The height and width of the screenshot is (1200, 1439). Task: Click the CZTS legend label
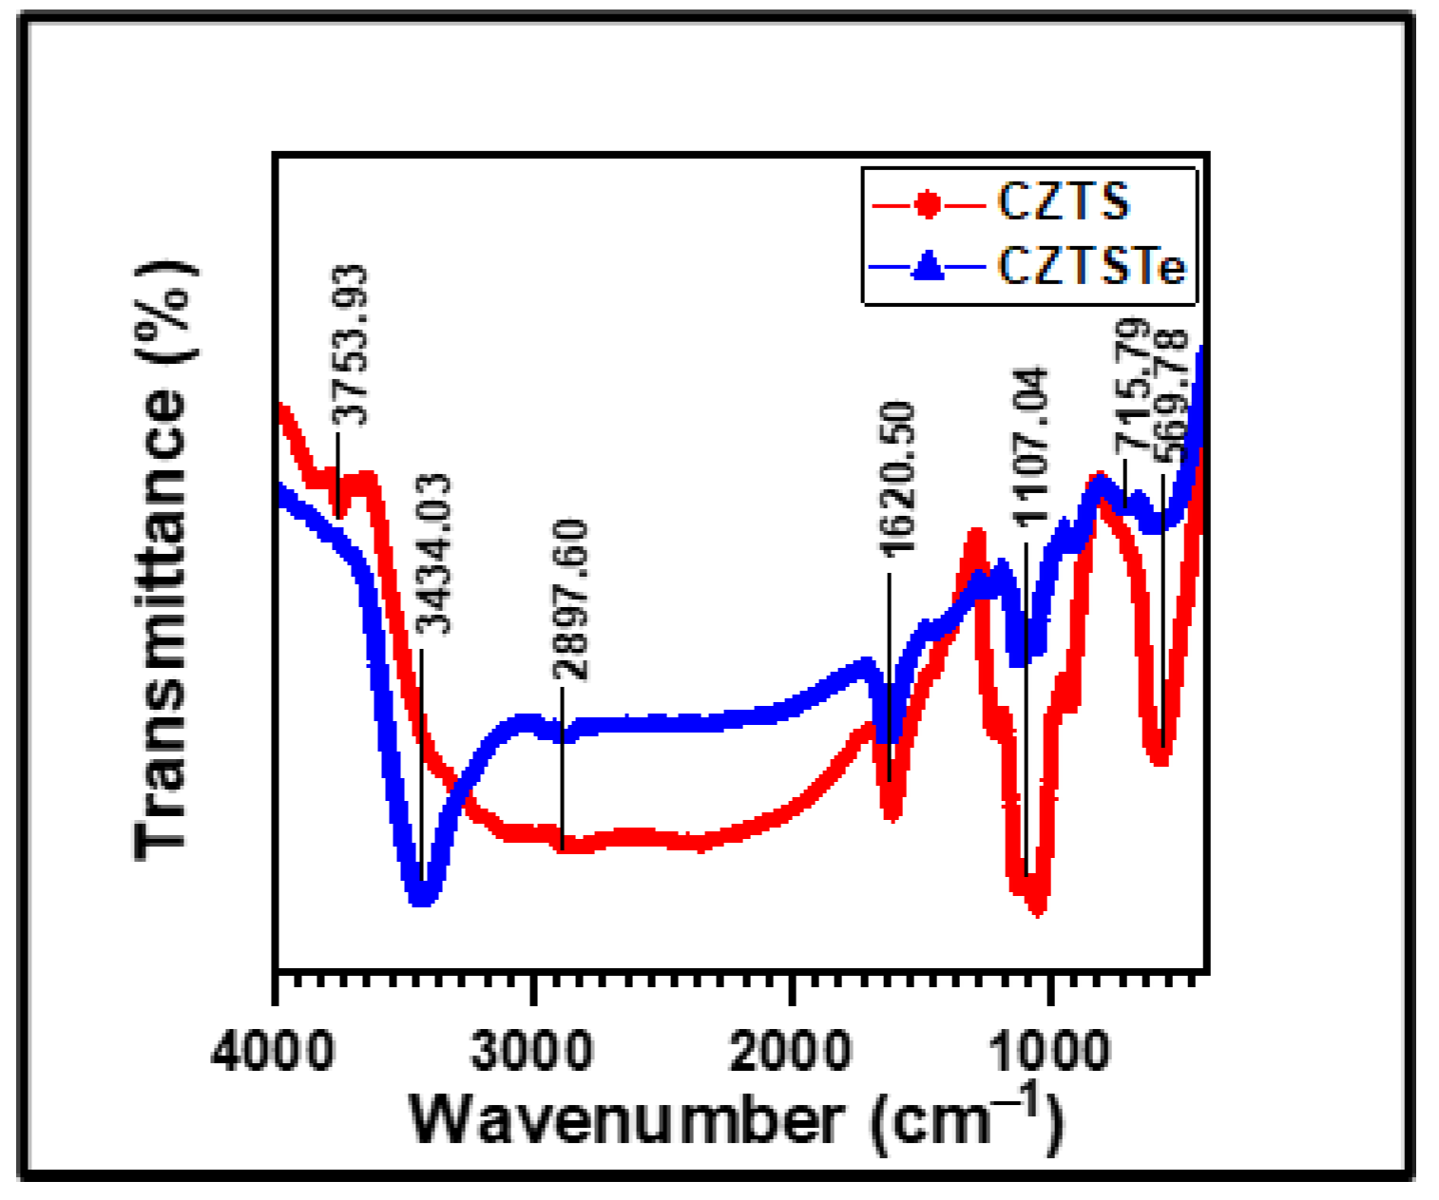tap(1063, 201)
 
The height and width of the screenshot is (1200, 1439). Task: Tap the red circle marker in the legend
tap(928, 204)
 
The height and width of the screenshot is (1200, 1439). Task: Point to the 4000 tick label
tap(273, 1053)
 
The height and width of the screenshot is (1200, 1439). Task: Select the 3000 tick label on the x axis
tap(532, 1053)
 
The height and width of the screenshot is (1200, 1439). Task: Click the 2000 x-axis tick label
tap(791, 1053)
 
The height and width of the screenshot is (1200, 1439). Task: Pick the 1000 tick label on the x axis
tap(1049, 1053)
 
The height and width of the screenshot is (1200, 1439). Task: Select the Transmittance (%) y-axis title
tap(163, 561)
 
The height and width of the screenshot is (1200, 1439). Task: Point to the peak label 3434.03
tap(435, 554)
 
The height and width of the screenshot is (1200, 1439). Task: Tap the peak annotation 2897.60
tap(570, 600)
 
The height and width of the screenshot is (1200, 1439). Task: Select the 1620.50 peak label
tap(896, 478)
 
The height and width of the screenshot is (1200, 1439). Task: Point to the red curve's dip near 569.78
tap(1159, 755)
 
